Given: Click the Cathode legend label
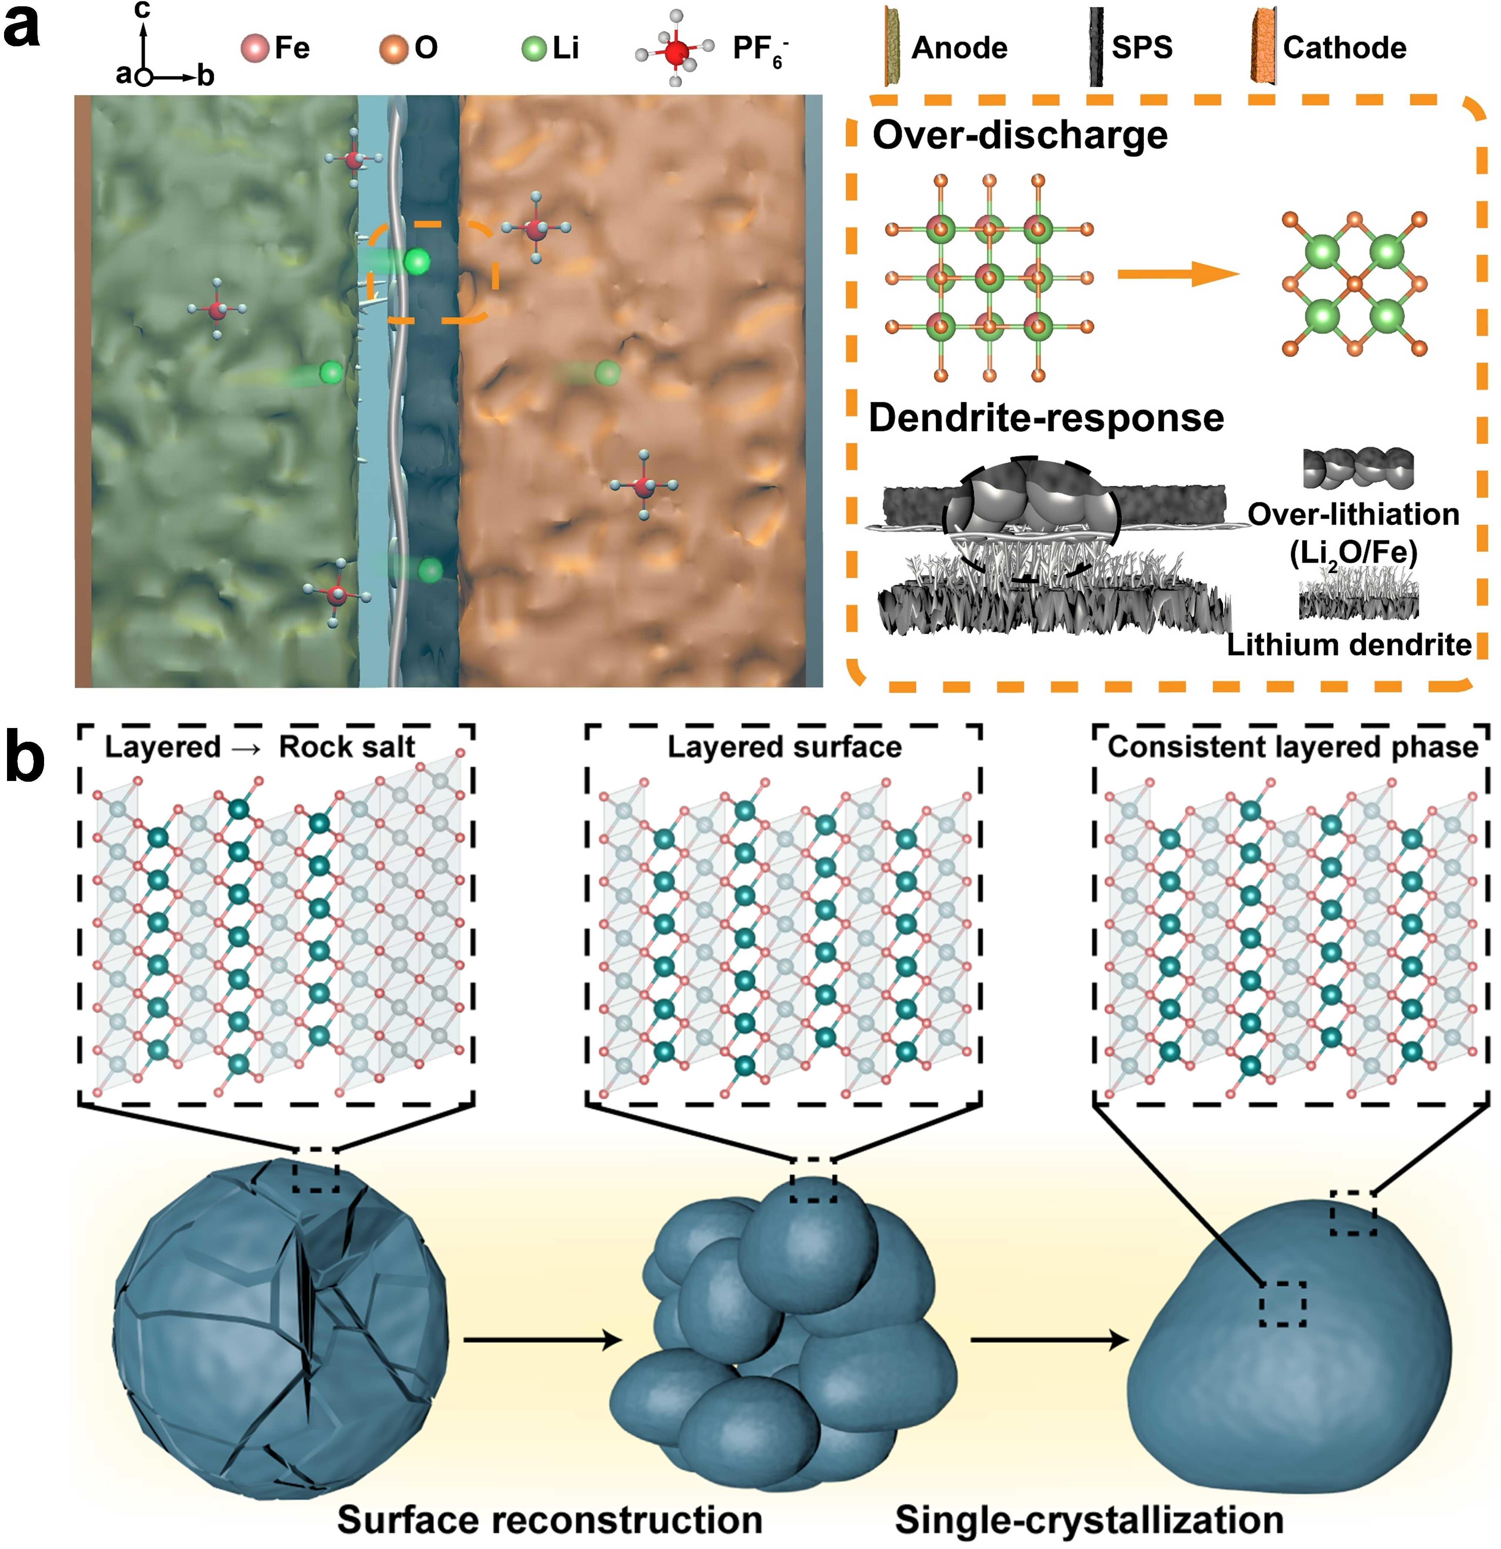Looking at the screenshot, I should pyautogui.click(x=1344, y=48).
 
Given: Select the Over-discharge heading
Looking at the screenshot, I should pyautogui.click(x=1020, y=135).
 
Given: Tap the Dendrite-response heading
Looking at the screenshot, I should pyautogui.click(x=1046, y=418).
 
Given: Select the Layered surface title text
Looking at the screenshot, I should pyautogui.click(x=784, y=747).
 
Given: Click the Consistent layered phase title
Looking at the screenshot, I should pyautogui.click(x=1292, y=747).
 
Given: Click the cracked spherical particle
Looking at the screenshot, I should pyautogui.click(x=280, y=1328).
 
